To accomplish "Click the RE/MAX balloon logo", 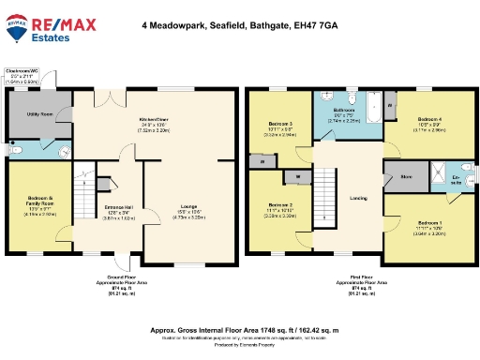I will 17,31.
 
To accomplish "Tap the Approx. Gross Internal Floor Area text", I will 239,330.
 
